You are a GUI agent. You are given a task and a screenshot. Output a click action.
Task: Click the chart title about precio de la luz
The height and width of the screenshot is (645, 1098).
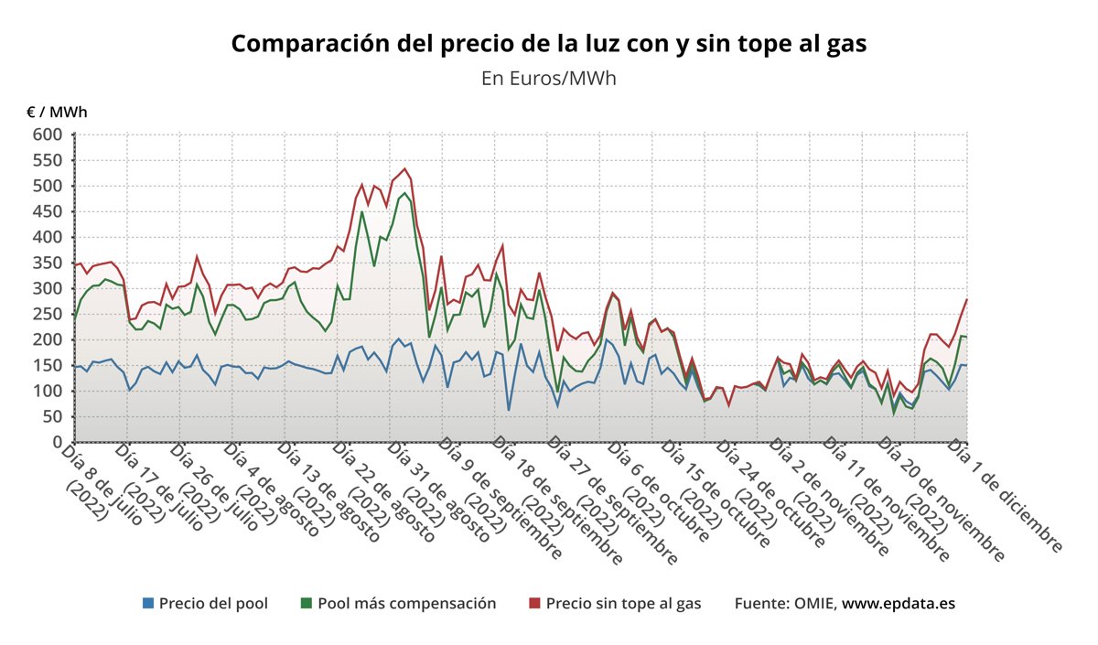click(548, 44)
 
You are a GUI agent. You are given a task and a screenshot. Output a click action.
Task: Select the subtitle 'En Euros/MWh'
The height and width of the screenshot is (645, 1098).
click(548, 79)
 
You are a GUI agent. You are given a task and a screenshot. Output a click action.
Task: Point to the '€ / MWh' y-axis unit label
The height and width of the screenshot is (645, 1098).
click(57, 112)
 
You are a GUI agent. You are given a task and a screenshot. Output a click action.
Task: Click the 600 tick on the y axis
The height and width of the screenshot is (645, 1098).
click(48, 135)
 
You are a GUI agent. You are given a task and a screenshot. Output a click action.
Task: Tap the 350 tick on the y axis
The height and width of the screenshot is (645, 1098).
click(48, 263)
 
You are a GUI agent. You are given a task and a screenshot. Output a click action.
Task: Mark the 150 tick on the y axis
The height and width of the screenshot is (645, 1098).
click(48, 366)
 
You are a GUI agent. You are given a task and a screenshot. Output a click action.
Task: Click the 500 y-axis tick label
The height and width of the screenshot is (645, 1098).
click(48, 187)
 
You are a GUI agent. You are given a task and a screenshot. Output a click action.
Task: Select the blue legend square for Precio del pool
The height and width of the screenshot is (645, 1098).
click(148, 604)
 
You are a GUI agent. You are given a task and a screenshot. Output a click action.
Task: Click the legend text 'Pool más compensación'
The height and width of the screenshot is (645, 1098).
click(406, 604)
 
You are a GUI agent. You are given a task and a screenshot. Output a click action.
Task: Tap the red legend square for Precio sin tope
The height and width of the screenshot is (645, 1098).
click(535, 604)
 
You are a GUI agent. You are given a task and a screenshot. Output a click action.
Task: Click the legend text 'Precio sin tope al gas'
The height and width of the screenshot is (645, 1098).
click(623, 604)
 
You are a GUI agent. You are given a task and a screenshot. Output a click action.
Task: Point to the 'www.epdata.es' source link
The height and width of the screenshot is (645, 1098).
click(899, 604)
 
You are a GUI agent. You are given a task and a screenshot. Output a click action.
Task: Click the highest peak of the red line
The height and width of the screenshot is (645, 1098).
click(404, 168)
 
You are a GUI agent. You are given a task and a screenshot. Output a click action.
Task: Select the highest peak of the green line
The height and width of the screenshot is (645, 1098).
click(404, 193)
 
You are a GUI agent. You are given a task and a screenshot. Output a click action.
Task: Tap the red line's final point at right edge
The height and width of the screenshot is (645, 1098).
click(966, 300)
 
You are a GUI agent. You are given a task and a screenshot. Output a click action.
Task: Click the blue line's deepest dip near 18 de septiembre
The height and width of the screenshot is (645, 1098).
click(509, 410)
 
